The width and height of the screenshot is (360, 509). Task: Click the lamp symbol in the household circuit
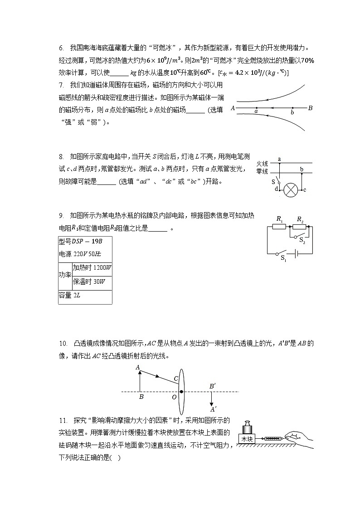pos(290,190)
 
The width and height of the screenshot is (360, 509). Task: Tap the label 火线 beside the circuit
pos(263,163)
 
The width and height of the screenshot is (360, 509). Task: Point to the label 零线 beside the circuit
pos(263,171)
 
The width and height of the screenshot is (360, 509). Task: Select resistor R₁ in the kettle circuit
pos(280,227)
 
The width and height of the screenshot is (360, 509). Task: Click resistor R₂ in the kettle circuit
pos(300,227)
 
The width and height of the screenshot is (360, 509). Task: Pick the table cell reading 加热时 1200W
pos(92,267)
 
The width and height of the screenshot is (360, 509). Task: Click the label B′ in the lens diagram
pos(212,386)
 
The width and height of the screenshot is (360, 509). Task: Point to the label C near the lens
pos(176,378)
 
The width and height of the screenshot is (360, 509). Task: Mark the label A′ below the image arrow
pos(213,409)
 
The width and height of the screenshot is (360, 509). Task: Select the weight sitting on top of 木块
pos(248,427)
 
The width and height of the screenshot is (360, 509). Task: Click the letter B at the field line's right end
pos(310,108)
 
